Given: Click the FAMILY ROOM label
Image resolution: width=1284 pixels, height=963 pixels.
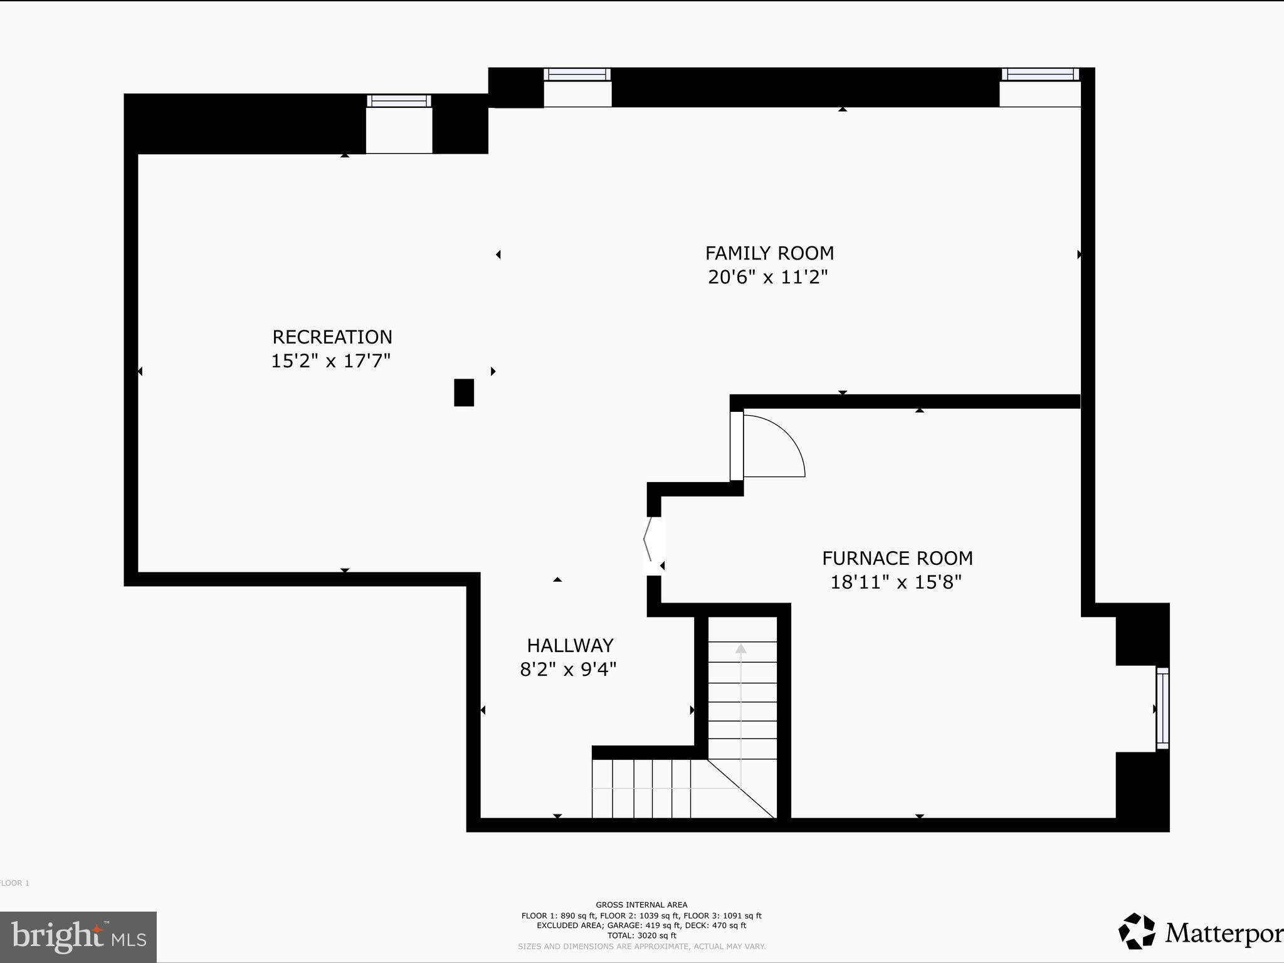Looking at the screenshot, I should click(769, 253).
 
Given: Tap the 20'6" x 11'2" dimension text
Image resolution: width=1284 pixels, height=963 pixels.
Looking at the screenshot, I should click(768, 277).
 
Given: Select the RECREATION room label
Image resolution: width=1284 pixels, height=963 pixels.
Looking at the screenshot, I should click(332, 337).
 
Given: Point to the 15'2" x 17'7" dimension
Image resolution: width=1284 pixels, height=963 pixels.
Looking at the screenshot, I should click(330, 361).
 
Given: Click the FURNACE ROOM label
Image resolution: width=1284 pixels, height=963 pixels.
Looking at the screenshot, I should click(897, 558).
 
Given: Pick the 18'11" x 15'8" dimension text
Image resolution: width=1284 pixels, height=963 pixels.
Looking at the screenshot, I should click(896, 582).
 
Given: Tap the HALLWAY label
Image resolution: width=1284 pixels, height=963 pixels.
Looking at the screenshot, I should click(570, 645).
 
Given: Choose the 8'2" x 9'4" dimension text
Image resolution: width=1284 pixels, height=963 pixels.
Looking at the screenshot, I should click(568, 670).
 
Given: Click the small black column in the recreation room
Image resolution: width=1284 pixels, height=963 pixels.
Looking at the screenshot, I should click(464, 392).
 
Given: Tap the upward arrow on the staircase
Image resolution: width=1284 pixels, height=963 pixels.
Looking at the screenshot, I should click(741, 649).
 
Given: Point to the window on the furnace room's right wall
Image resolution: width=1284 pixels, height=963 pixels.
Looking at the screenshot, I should click(1162, 708).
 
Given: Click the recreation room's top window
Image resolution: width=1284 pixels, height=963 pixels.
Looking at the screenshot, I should click(399, 101).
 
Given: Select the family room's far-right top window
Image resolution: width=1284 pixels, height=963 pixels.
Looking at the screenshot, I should click(1040, 74).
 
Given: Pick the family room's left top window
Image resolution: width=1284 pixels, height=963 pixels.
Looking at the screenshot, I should click(577, 75).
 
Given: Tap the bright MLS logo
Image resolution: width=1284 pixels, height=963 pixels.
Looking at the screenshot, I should click(78, 937).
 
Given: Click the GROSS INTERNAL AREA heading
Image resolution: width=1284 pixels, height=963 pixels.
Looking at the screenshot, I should click(641, 905).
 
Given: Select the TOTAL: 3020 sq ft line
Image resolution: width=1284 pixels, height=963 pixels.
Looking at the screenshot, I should click(641, 935).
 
